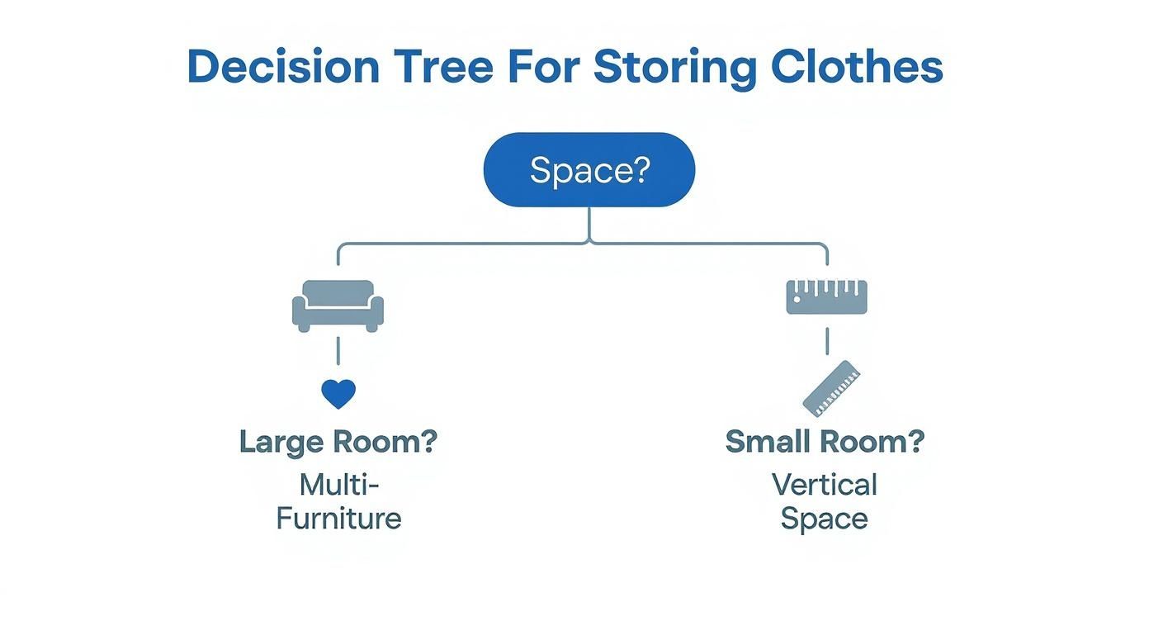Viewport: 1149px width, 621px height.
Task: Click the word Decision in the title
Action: pyautogui.click(x=283, y=67)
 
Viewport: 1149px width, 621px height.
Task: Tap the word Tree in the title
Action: pyautogui.click(x=442, y=67)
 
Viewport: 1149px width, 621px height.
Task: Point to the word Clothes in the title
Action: pyautogui.click(x=857, y=67)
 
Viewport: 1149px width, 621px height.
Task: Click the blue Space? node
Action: pyautogui.click(x=589, y=170)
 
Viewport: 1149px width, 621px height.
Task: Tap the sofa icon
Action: pyautogui.click(x=338, y=306)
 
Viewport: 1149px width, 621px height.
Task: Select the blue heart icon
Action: pyautogui.click(x=338, y=394)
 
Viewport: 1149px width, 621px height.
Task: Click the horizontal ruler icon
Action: pyautogui.click(x=826, y=297)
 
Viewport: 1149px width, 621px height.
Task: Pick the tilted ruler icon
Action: pyautogui.click(x=831, y=388)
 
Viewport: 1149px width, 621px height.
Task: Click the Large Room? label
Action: pyautogui.click(x=338, y=442)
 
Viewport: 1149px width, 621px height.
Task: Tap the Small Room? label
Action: pyautogui.click(x=825, y=442)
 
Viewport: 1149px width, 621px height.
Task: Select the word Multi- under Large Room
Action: pyautogui.click(x=338, y=484)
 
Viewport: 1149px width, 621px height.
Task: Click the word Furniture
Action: pyautogui.click(x=338, y=519)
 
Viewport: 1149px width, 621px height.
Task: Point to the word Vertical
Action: pyautogui.click(x=825, y=484)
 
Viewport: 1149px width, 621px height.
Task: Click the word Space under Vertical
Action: pyautogui.click(x=825, y=519)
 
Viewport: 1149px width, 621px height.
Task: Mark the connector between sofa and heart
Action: pyautogui.click(x=338, y=351)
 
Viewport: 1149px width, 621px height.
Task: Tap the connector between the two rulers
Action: pyautogui.click(x=826, y=339)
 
